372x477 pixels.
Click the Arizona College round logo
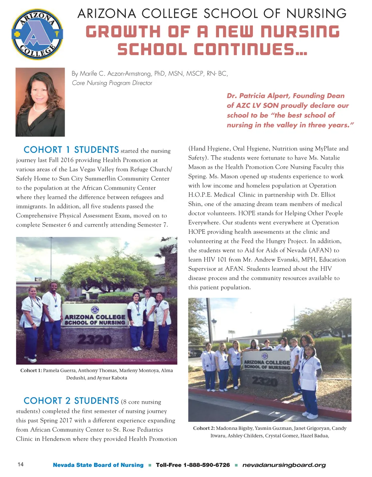37,34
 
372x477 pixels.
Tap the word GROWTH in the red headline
123,32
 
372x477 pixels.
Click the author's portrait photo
40,102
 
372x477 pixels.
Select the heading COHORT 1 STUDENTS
71,150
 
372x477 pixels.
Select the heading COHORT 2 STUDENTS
71,401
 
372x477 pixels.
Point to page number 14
20,465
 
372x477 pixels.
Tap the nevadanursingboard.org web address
284,465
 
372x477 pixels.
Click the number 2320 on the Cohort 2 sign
265,381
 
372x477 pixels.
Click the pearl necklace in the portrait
40,108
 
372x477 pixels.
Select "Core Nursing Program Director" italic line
112,83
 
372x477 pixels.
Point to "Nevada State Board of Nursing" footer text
98,465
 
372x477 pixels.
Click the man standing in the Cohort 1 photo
52,316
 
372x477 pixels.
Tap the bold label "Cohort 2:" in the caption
204,428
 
